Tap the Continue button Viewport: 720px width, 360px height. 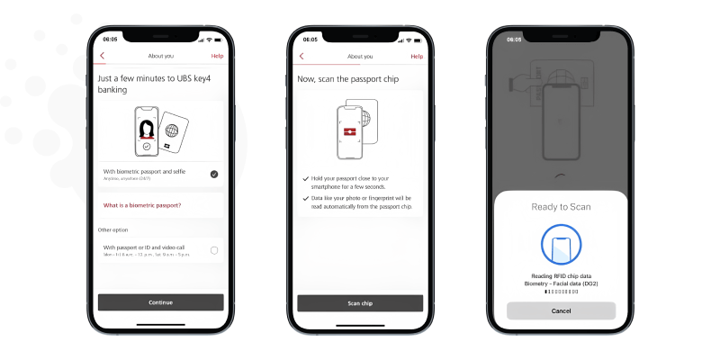[x=160, y=302]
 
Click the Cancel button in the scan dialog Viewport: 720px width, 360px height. [x=560, y=310]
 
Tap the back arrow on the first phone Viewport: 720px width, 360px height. [x=103, y=56]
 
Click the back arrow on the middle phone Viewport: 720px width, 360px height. [x=301, y=56]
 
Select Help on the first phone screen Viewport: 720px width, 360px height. [x=217, y=56]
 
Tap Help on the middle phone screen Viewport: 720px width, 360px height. [x=417, y=56]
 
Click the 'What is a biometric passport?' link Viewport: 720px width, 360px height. [x=142, y=206]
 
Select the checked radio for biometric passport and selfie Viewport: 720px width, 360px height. [x=214, y=174]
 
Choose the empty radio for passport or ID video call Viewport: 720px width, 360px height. [x=214, y=249]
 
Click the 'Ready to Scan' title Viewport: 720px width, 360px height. [x=560, y=207]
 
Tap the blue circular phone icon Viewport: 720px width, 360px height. [x=560, y=245]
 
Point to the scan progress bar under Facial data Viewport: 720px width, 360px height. [x=560, y=292]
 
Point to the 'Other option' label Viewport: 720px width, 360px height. [x=113, y=230]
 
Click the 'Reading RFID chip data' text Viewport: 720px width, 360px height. [x=560, y=275]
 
